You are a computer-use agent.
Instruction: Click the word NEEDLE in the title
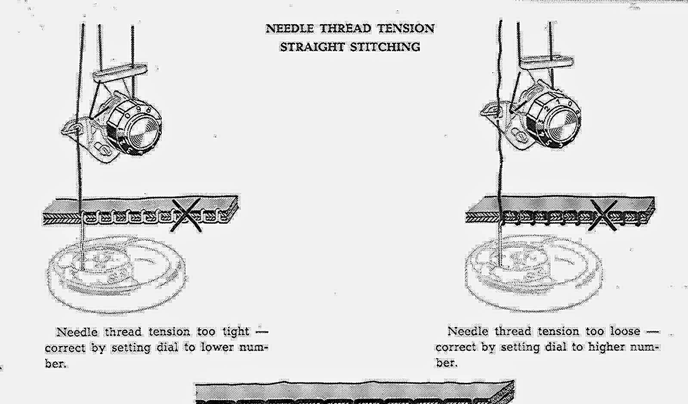point(290,29)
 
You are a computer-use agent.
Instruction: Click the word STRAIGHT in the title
point(311,47)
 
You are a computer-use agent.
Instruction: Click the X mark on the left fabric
point(186,216)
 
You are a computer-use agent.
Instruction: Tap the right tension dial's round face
point(563,124)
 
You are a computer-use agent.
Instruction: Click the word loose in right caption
point(625,331)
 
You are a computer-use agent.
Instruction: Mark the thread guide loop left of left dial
point(73,128)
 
